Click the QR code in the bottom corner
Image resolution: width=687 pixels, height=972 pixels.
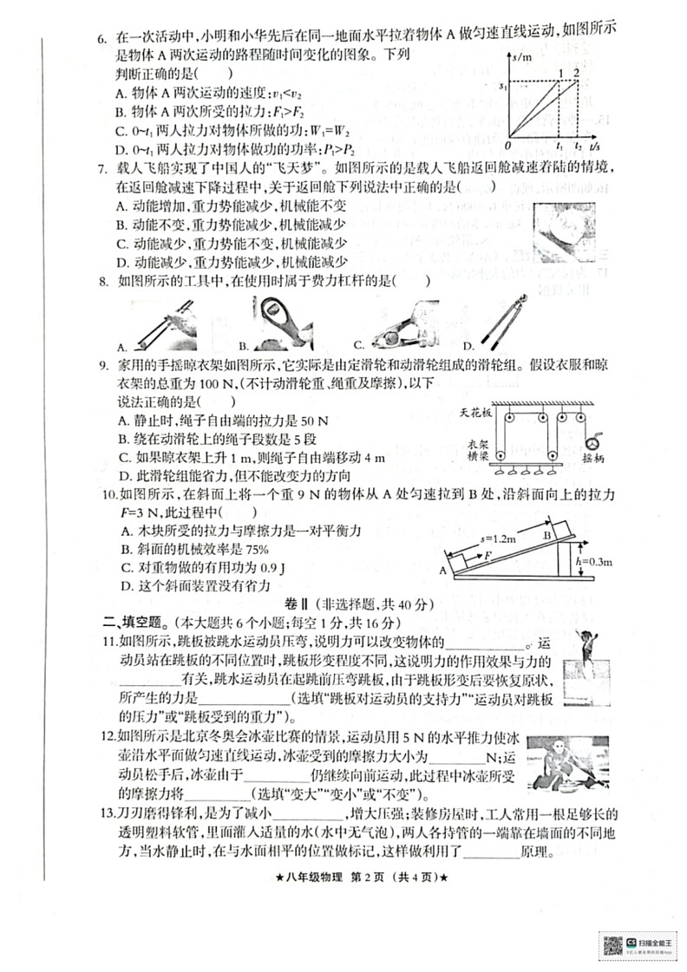point(612,943)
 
